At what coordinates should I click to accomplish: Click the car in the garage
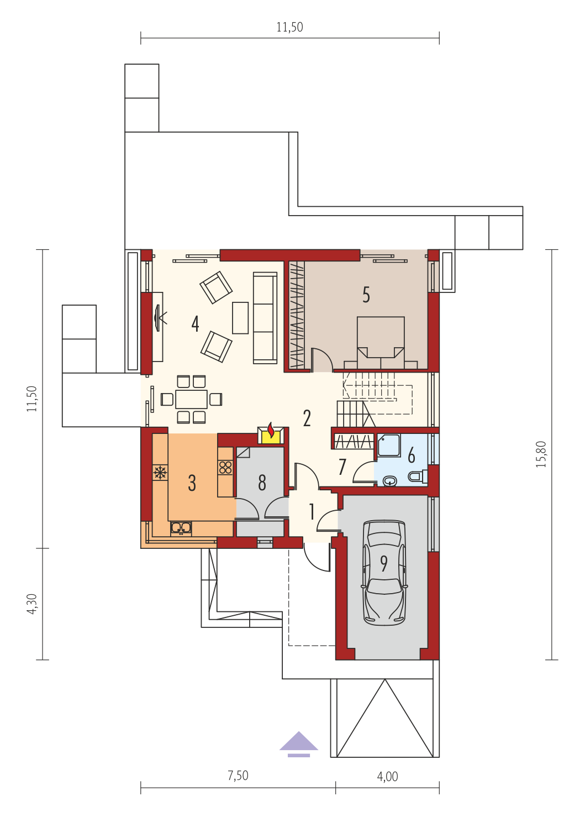coord(384,573)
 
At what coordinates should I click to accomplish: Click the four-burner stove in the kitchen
coord(225,468)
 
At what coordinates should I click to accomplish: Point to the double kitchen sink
coord(181,528)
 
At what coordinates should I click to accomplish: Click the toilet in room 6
coord(418,476)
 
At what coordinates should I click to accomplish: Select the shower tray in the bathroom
coord(389,445)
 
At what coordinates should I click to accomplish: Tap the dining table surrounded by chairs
coord(191,399)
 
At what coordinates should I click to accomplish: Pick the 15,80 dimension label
coord(541,454)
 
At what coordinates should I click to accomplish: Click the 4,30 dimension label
coord(32,604)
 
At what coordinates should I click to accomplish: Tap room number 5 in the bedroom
coord(366,295)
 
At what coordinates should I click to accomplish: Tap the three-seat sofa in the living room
coord(265,318)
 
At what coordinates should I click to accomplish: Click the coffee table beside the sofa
coord(240,318)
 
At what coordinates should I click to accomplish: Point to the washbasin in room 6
coord(391,481)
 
